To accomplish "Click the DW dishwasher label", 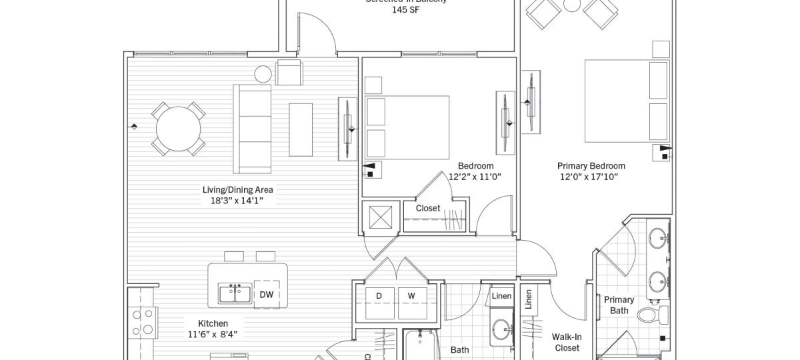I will click(266, 295).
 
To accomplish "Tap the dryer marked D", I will click(379, 295).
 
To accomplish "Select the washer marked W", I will click(411, 295).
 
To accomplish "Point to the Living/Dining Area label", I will click(238, 189).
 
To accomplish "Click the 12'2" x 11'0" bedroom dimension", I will click(475, 177).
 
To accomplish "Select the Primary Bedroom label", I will click(591, 166).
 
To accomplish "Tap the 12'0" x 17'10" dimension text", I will click(589, 177).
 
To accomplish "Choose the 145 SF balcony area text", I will click(405, 11).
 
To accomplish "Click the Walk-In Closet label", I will click(567, 342).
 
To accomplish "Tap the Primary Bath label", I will click(619, 305).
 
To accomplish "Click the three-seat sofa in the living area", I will click(252, 129).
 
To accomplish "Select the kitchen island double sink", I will click(235, 294).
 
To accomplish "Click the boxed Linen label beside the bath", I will click(501, 296).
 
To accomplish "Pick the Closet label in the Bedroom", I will click(427, 208).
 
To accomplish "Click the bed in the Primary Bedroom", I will click(627, 101).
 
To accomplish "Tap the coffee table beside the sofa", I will click(300, 129).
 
